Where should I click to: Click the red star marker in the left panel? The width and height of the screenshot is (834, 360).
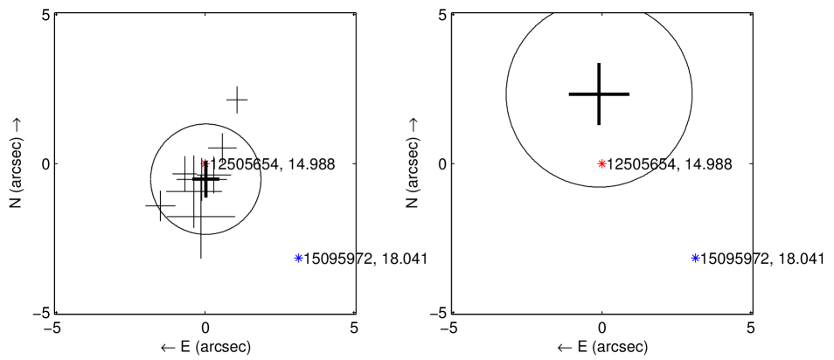tap(205, 163)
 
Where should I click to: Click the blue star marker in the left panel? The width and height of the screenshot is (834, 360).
tap(298, 258)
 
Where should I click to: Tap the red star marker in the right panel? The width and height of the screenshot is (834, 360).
tap(601, 163)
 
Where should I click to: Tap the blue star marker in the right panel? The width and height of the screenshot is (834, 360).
tap(695, 258)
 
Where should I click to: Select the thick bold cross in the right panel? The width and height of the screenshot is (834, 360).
tap(599, 94)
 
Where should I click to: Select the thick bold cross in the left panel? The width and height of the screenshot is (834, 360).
tap(205, 179)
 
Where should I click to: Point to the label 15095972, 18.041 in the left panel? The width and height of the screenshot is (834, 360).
tap(365, 259)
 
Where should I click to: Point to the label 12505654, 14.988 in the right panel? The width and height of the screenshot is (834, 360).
tap(670, 165)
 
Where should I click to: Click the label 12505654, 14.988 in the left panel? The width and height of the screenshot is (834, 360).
tap(273, 165)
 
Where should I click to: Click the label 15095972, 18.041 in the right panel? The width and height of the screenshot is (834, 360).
tap(762, 259)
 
